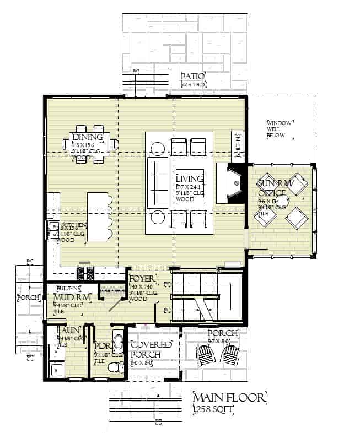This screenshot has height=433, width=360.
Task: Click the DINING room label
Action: click(x=87, y=137)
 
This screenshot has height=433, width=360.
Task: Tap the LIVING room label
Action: click(x=190, y=178)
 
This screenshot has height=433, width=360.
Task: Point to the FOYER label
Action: click(x=143, y=278)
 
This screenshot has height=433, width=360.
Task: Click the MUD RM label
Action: click(x=68, y=298)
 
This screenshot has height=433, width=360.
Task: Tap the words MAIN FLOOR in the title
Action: click(x=229, y=398)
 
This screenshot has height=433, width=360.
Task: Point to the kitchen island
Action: click(x=98, y=216)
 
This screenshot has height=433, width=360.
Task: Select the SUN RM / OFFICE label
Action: click(x=272, y=187)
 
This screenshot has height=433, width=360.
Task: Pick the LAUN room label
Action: click(x=67, y=331)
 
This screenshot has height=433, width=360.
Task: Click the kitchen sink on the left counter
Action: click(x=53, y=226)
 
